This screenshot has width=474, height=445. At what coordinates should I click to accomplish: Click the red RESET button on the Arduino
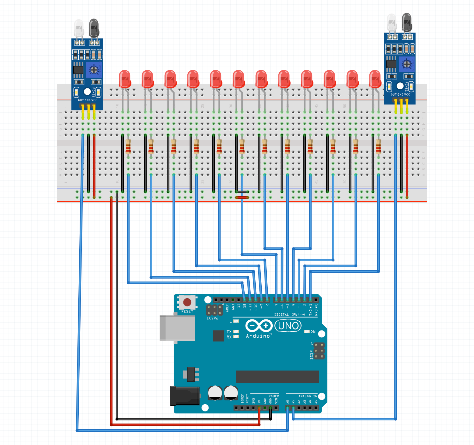187,302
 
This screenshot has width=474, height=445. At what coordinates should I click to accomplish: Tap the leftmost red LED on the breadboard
125,79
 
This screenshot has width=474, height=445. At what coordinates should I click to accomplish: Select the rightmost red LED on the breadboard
375,79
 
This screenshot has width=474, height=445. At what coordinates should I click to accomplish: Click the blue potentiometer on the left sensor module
94,70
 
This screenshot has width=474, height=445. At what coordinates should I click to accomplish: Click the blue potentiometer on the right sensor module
406,64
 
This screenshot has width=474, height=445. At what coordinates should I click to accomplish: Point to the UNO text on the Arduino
288,326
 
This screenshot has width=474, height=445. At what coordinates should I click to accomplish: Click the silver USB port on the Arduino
177,328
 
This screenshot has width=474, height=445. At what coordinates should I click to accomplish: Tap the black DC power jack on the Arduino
185,396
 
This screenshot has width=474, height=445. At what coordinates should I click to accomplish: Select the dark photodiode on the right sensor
407,22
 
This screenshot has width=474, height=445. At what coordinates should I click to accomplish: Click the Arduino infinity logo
259,326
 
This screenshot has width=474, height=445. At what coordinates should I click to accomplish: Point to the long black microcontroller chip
277,377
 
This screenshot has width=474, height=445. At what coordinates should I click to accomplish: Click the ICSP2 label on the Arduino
213,318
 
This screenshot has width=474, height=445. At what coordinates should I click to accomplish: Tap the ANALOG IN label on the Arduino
308,396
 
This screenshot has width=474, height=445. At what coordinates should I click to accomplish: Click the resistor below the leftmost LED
128,146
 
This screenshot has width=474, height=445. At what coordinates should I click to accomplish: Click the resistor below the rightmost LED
378,146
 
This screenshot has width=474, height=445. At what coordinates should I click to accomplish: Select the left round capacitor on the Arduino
215,392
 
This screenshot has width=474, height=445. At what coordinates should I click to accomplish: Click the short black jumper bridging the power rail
242,192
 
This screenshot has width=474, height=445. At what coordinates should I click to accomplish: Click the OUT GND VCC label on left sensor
88,100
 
